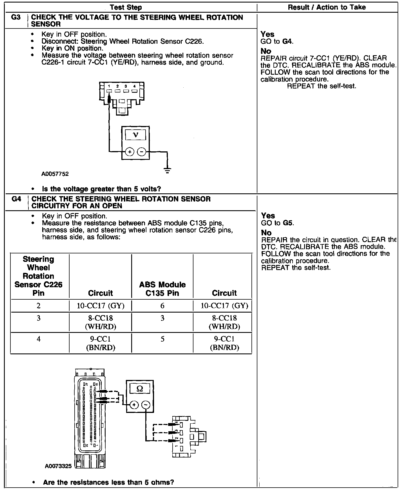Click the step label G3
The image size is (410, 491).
pos(16,17)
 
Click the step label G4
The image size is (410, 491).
pos(16,199)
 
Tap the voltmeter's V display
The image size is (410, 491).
pos(135,135)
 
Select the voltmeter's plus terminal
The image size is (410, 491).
pos(130,152)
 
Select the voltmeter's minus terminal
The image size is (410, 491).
pos(141,152)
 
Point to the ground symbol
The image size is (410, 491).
pos(168,170)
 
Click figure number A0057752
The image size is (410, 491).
pos(55,174)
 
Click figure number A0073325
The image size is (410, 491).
pos(58,466)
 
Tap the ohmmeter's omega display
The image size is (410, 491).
pos(140,389)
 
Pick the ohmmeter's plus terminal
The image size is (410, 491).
pos(134,405)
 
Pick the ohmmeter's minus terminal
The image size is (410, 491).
pos(146,405)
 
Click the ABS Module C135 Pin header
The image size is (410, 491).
pos(162,289)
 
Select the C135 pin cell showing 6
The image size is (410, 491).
pos(162,306)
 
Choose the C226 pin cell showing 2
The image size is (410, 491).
pos(39,306)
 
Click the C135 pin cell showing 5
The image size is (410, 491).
pos(162,339)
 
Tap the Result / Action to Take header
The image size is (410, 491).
pos(327,7)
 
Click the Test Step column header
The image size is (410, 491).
pos(126,7)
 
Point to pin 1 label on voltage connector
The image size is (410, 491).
pos(109,86)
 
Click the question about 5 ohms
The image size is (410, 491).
pos(108,482)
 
